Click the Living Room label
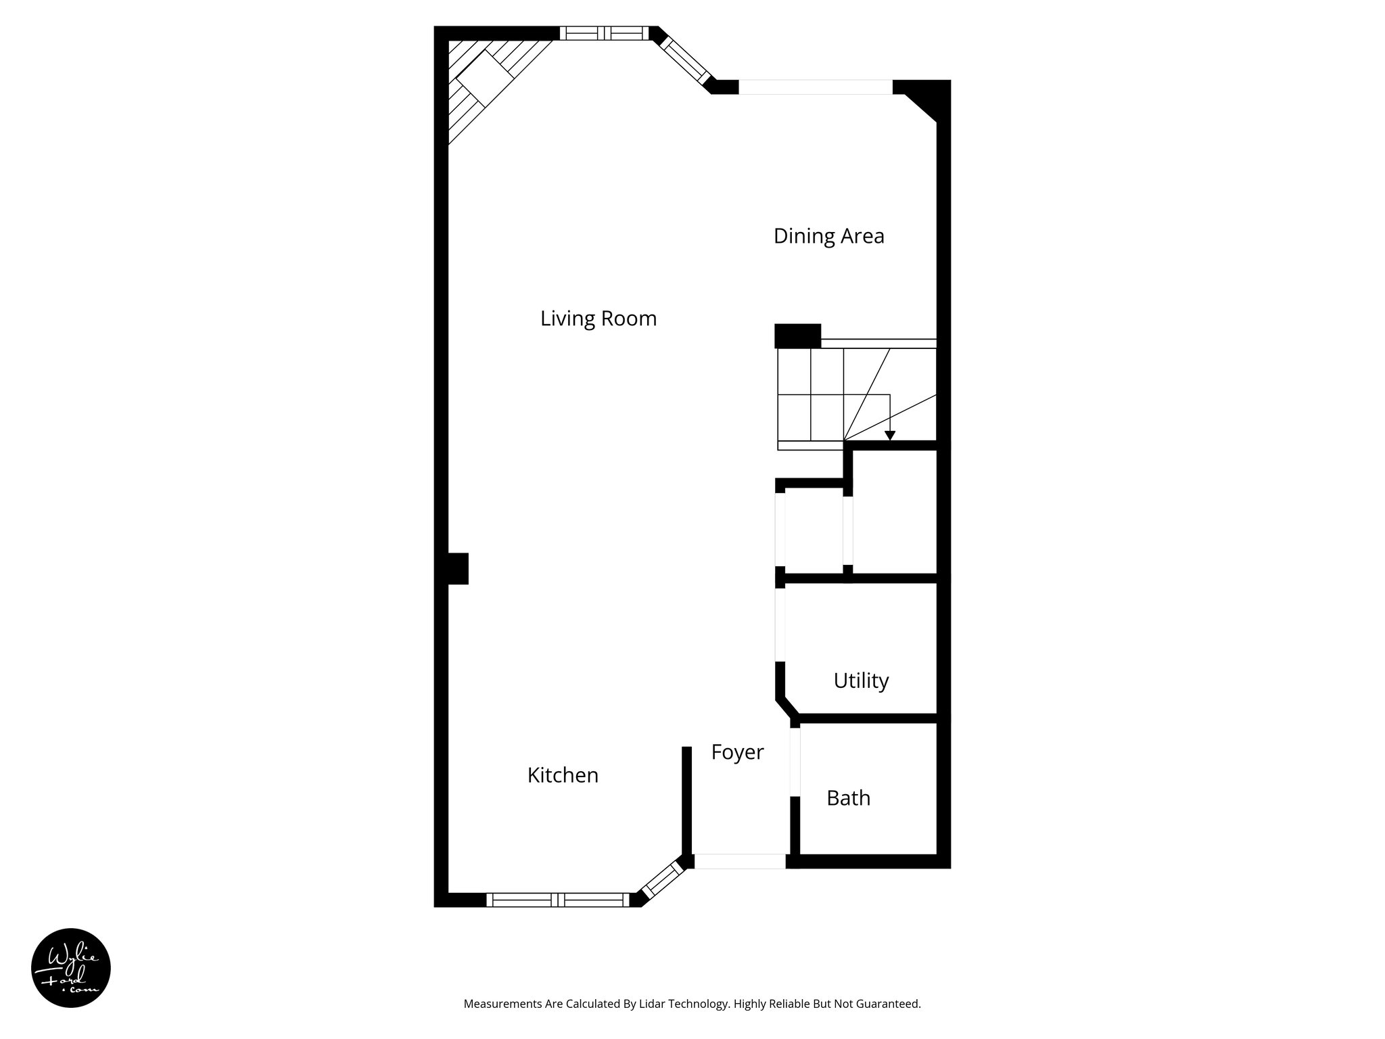point(598,319)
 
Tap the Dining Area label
point(828,236)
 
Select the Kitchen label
point(563,775)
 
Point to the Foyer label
point(737,752)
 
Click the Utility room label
point(861,680)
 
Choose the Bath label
point(848,798)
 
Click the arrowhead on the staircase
point(890,436)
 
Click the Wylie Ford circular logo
point(71,968)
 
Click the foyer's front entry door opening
point(740,862)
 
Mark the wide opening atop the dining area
point(815,87)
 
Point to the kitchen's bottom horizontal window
point(558,900)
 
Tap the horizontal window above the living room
point(604,33)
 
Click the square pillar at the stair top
point(797,336)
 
